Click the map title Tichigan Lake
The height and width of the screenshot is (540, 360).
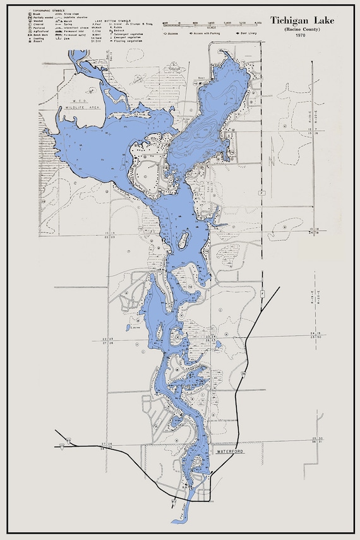(303, 21)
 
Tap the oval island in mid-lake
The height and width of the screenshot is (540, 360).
(184, 239)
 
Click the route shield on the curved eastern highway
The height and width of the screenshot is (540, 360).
(243, 375)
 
